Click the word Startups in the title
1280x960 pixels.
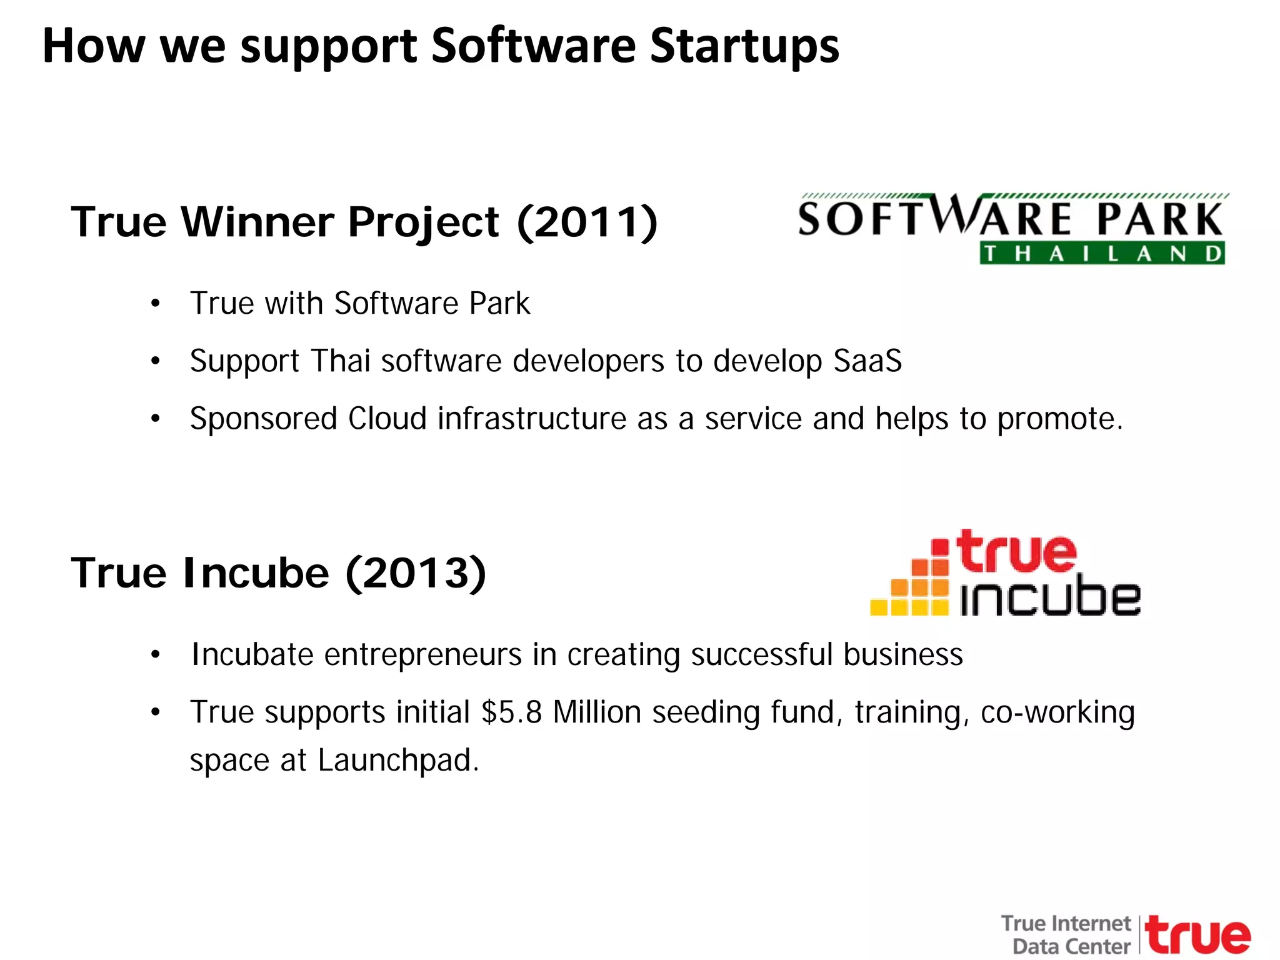tap(744, 47)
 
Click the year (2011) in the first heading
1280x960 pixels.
tap(587, 222)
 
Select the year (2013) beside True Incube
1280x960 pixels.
tap(416, 573)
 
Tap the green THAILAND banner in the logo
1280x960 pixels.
tap(1102, 254)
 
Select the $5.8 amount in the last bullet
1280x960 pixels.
tap(511, 712)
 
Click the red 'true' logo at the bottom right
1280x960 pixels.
tap(1198, 935)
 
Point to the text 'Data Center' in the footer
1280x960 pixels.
tap(1071, 946)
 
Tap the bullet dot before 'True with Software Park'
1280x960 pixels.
tap(156, 304)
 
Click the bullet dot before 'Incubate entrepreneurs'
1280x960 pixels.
tap(156, 656)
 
